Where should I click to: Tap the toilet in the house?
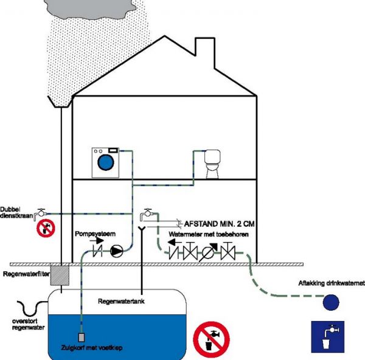(212, 165)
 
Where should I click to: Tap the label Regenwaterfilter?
(24, 274)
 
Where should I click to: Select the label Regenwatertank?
(120, 301)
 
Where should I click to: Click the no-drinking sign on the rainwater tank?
(211, 338)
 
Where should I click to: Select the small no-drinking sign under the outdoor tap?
(46, 229)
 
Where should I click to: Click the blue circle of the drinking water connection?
(331, 300)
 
